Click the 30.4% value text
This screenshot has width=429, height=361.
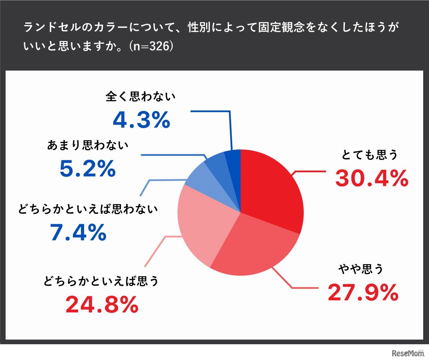(x=372, y=178)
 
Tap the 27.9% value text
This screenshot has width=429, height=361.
(x=363, y=292)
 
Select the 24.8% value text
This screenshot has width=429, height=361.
(x=102, y=305)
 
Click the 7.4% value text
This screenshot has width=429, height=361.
(x=78, y=232)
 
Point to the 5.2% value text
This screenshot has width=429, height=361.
(x=87, y=169)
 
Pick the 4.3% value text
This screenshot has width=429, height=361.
(x=141, y=120)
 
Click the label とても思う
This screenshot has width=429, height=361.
(x=369, y=155)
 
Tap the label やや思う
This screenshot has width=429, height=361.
(x=361, y=269)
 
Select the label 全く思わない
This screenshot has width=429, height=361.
(x=140, y=97)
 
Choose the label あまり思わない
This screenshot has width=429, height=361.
(x=88, y=145)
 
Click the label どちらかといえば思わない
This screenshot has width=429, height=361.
(x=88, y=209)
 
